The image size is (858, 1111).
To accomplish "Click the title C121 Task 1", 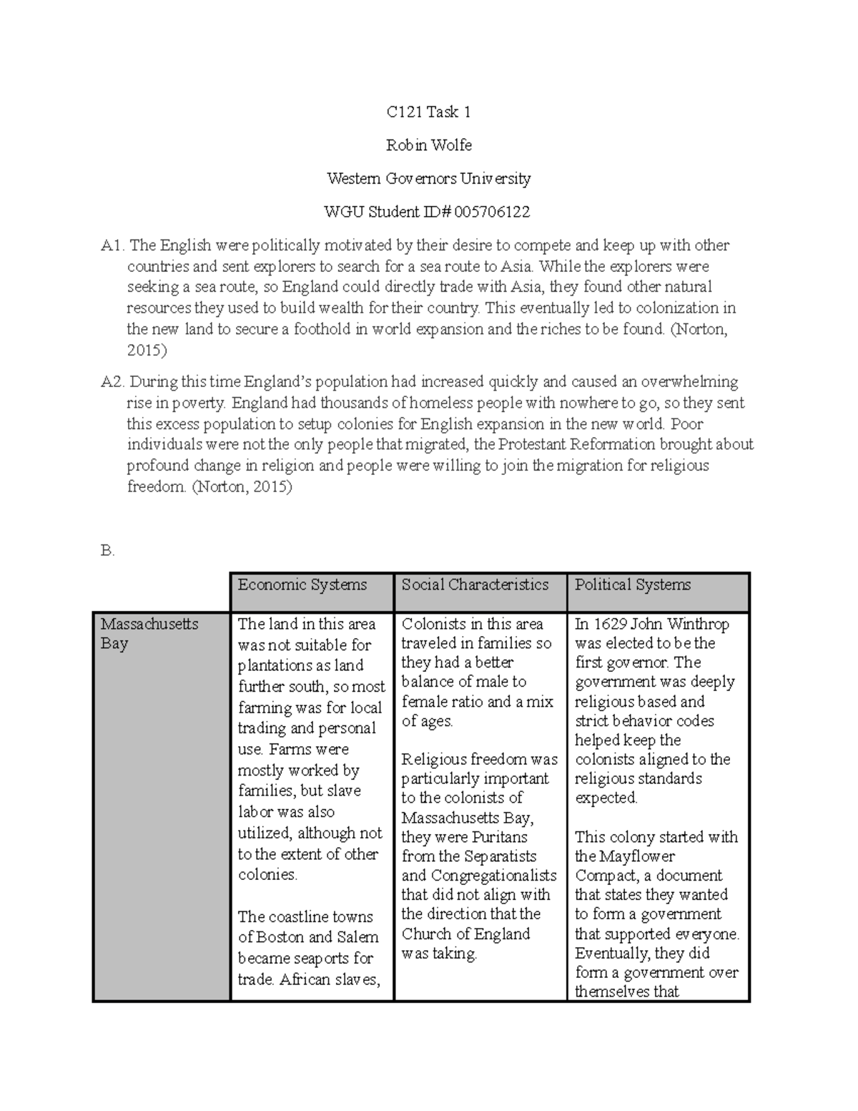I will pyautogui.click(x=428, y=112).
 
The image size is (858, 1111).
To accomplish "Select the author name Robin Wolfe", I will pyautogui.click(x=428, y=145).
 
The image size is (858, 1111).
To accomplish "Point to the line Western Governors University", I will pyautogui.click(x=428, y=178).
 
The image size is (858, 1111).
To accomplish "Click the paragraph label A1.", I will pyautogui.click(x=113, y=246).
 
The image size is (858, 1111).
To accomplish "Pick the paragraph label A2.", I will pyautogui.click(x=113, y=382).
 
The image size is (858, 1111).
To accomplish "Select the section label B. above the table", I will pyautogui.click(x=107, y=552).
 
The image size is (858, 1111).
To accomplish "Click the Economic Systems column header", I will pyautogui.click(x=302, y=585).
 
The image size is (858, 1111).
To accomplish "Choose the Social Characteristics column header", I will pyautogui.click(x=475, y=585).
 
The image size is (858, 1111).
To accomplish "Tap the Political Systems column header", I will pyautogui.click(x=633, y=585).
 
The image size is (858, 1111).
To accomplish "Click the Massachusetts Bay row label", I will pyautogui.click(x=149, y=633).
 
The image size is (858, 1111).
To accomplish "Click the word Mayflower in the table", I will pyautogui.click(x=636, y=856).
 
